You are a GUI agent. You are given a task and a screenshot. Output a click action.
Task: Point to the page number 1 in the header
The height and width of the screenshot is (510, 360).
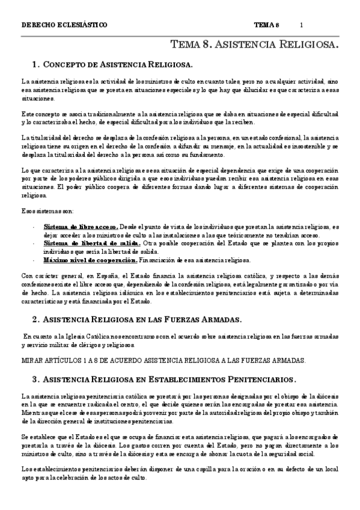[301, 25]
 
